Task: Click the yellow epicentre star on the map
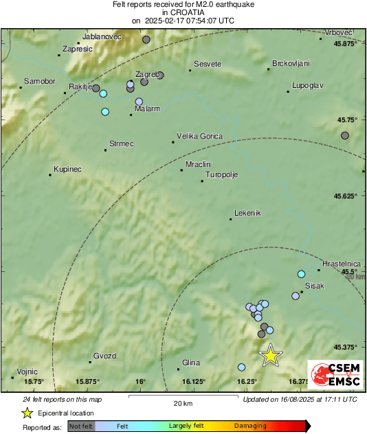pos(271,354)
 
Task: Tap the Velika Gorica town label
pos(199,136)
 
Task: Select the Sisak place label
pos(314,285)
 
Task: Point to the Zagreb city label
pos(148,73)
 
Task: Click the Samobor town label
pos(39,81)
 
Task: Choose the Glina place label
pos(190,363)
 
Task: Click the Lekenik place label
pos(248,213)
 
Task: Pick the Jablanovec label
pos(101,36)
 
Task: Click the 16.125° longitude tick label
pos(194,381)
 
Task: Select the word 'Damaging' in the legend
pos(250,426)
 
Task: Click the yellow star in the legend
pos(27,413)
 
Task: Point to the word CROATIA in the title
pos(183,12)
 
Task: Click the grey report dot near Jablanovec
pos(146,40)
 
